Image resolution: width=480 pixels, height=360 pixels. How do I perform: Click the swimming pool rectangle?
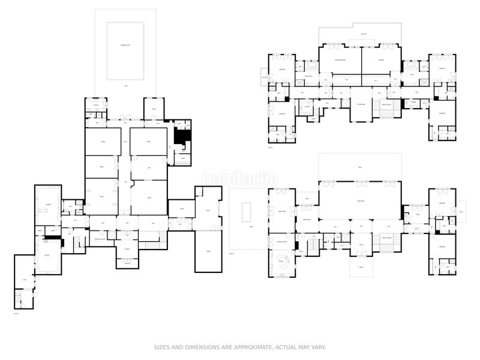[125, 50]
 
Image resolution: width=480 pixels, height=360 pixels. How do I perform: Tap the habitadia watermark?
[240, 179]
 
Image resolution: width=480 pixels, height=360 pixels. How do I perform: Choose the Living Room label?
[361, 202]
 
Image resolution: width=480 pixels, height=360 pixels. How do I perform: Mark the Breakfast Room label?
[280, 242]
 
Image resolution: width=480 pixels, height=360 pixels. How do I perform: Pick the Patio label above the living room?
[361, 167]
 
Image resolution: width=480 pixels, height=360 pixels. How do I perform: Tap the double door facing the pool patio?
[124, 116]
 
